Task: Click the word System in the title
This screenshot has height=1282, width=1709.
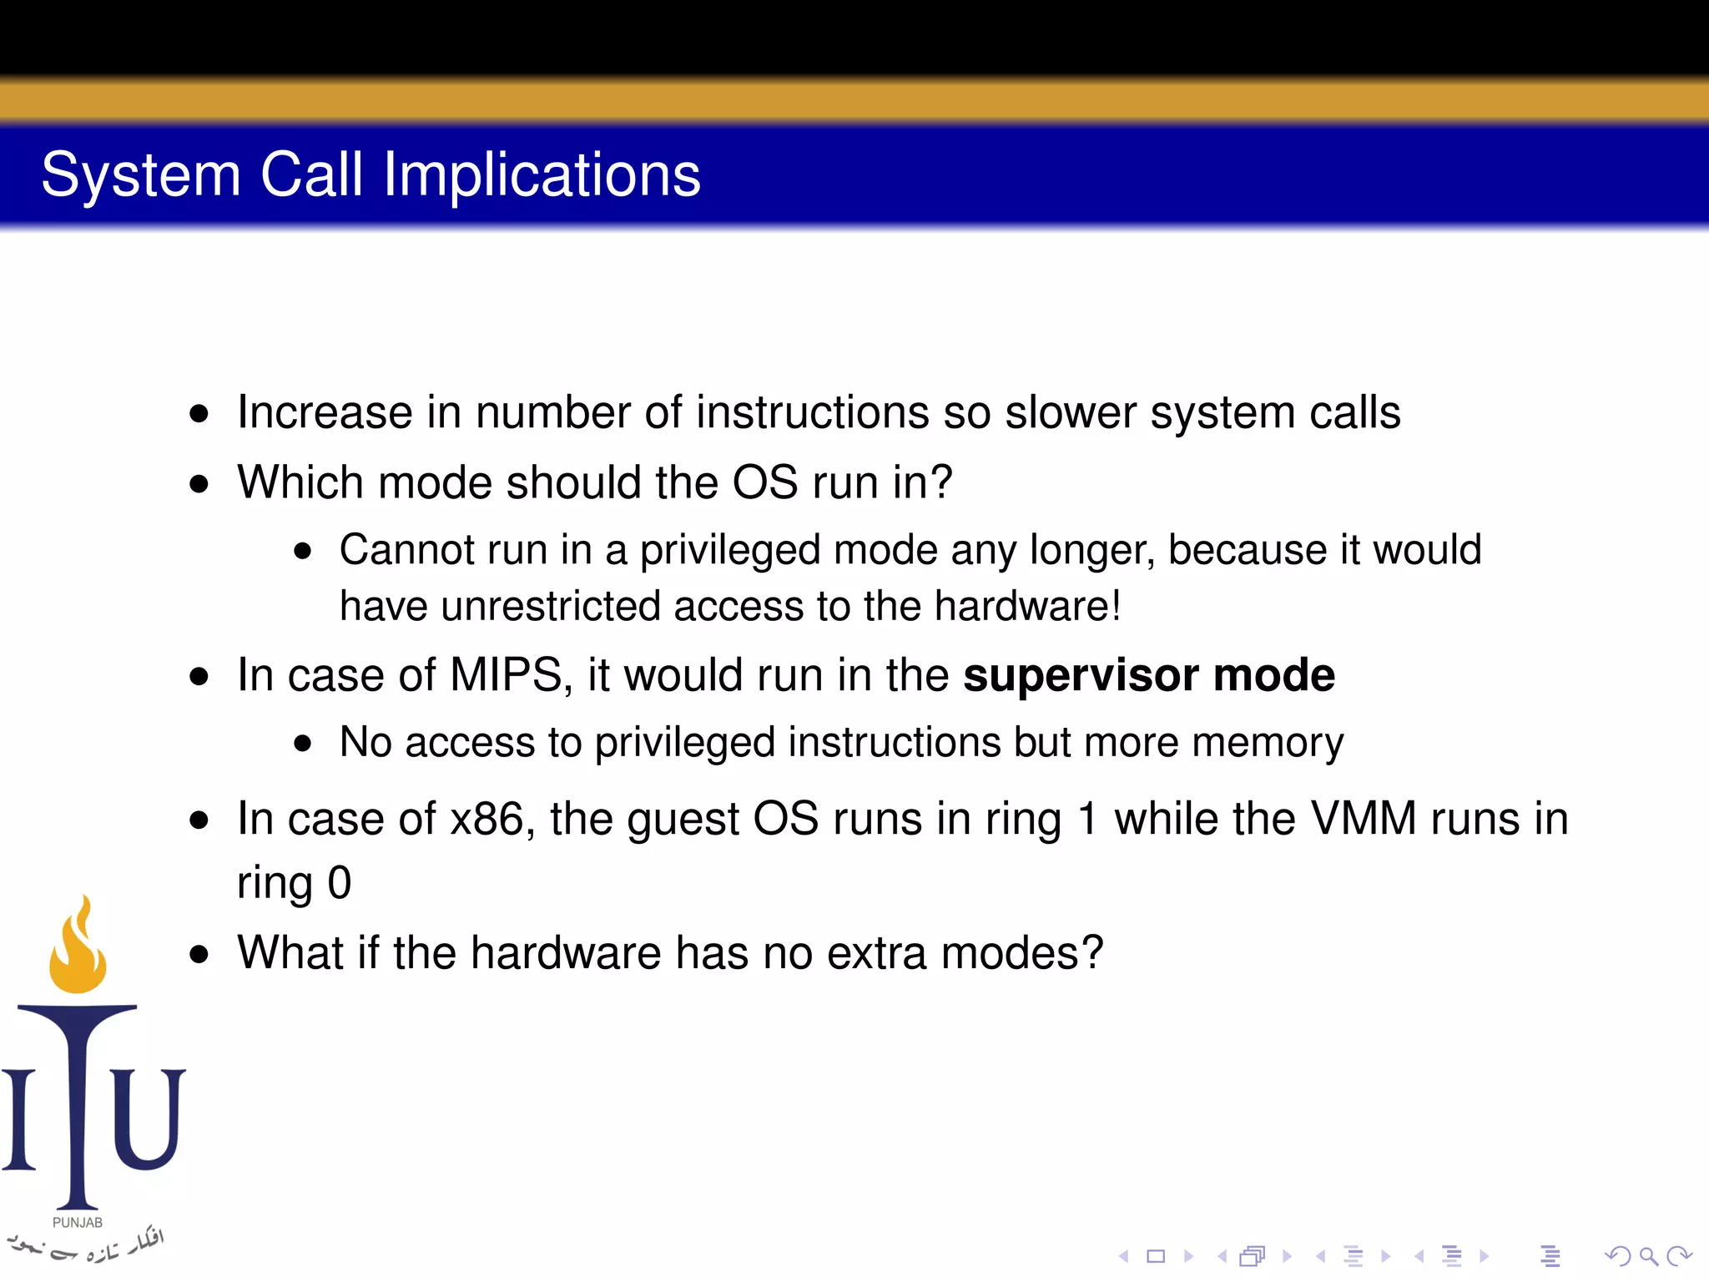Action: (141, 175)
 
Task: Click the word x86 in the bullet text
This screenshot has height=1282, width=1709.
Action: (486, 818)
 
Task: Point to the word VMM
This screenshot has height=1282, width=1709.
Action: (1363, 818)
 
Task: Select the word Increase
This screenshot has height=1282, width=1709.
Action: (325, 412)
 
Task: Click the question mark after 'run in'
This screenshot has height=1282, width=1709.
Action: (941, 482)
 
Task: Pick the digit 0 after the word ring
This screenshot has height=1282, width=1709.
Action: (339, 883)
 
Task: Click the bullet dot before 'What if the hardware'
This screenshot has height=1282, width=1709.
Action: (199, 954)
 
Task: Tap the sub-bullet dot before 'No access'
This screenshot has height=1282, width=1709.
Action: (302, 743)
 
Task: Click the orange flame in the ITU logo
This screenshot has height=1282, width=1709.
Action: (78, 947)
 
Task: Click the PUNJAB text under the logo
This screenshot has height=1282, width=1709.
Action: (78, 1222)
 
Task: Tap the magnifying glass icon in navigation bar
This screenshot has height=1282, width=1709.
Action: (1648, 1255)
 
